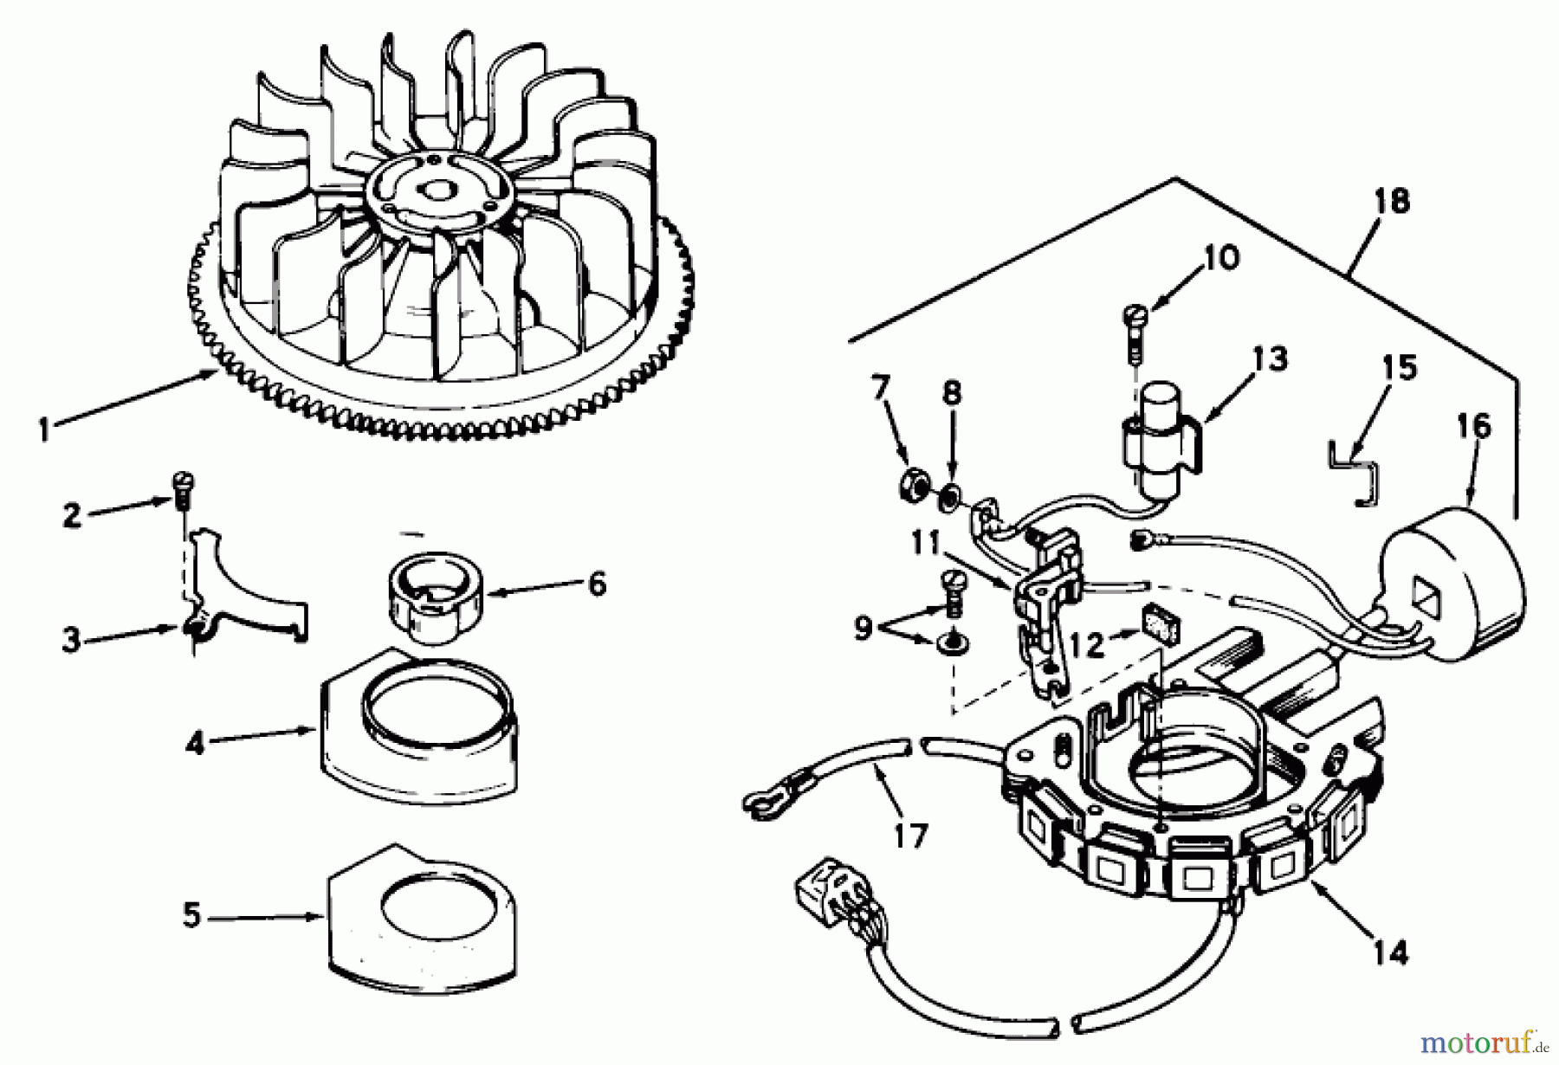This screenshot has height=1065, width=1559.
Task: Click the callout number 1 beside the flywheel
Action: pos(44,430)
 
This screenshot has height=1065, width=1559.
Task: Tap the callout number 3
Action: pos(71,641)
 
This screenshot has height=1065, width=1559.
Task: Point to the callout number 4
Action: pos(195,742)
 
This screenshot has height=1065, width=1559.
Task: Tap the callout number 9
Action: pos(862,628)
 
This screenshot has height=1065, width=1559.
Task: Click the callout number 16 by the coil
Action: pos(1475,426)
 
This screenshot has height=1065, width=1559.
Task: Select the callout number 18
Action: pos(1392,201)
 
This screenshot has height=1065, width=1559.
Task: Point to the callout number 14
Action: pos(1390,952)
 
